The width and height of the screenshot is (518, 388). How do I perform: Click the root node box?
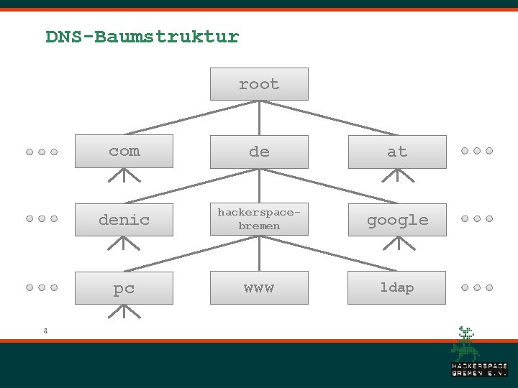259,84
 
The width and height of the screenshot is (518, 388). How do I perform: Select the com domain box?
124,151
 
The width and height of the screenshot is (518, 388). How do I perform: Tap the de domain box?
259,151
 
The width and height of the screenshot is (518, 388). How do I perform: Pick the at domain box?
397,151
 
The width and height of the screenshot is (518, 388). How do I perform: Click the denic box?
124,219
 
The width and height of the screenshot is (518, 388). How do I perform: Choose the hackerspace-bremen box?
259,219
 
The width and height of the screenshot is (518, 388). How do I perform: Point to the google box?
397,219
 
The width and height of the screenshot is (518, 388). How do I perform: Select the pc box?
124,287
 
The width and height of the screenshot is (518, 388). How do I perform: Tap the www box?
259,287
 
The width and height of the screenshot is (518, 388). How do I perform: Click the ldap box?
397,287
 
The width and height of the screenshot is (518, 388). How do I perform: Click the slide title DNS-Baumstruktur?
142,37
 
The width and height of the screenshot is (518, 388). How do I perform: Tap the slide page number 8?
45,331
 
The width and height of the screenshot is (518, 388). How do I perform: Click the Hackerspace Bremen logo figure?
465,343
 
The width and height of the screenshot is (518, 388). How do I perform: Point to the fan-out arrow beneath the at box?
397,175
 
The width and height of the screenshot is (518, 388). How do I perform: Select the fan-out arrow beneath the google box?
397,244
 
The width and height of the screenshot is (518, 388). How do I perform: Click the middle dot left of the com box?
42,152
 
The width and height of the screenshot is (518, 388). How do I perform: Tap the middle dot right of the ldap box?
476,287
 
